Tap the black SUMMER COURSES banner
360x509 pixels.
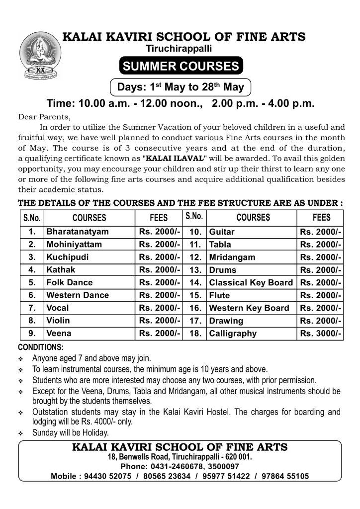pos(180,67)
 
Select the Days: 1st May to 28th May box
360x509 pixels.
pos(180,87)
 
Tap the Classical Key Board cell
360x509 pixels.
pos(251,283)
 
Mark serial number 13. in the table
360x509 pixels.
pos(195,270)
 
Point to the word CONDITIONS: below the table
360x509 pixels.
pos(41,346)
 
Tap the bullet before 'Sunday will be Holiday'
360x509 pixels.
pos(21,434)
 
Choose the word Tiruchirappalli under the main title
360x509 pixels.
pos(180,49)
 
